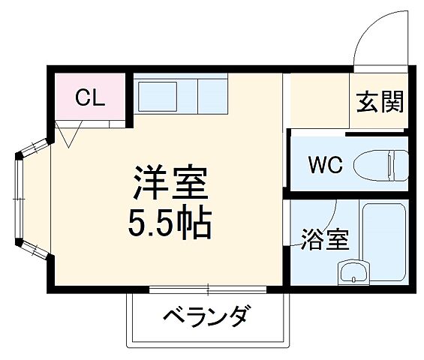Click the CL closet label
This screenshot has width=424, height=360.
[89, 98]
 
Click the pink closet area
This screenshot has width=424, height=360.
[89, 97]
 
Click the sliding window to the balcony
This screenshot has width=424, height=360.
[206, 289]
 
